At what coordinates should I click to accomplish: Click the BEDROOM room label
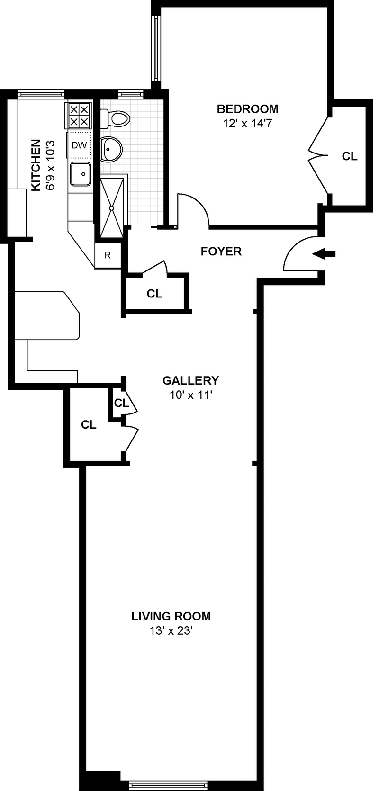pyautogui.click(x=247, y=109)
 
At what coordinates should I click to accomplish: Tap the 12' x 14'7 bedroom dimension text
pyautogui.click(x=247, y=124)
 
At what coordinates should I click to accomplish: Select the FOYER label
pyautogui.click(x=221, y=251)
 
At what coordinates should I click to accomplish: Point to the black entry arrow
pyautogui.click(x=324, y=254)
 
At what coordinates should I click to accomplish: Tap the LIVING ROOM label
pyautogui.click(x=171, y=616)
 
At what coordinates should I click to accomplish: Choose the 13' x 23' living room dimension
pyautogui.click(x=171, y=631)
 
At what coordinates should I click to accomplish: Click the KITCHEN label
pyautogui.click(x=36, y=165)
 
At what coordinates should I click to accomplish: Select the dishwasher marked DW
pyautogui.click(x=79, y=145)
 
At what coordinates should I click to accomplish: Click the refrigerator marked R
pyautogui.click(x=108, y=255)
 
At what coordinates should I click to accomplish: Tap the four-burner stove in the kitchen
pyautogui.click(x=79, y=115)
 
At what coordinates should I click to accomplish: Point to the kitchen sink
pyautogui.click(x=81, y=174)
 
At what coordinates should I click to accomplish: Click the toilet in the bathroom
pyautogui.click(x=115, y=118)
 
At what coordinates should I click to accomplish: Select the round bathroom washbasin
pyautogui.click(x=112, y=150)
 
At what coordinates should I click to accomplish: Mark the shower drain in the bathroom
pyautogui.click(x=112, y=207)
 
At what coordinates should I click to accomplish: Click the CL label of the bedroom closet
pyautogui.click(x=350, y=156)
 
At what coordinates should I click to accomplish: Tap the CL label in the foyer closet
pyautogui.click(x=154, y=294)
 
